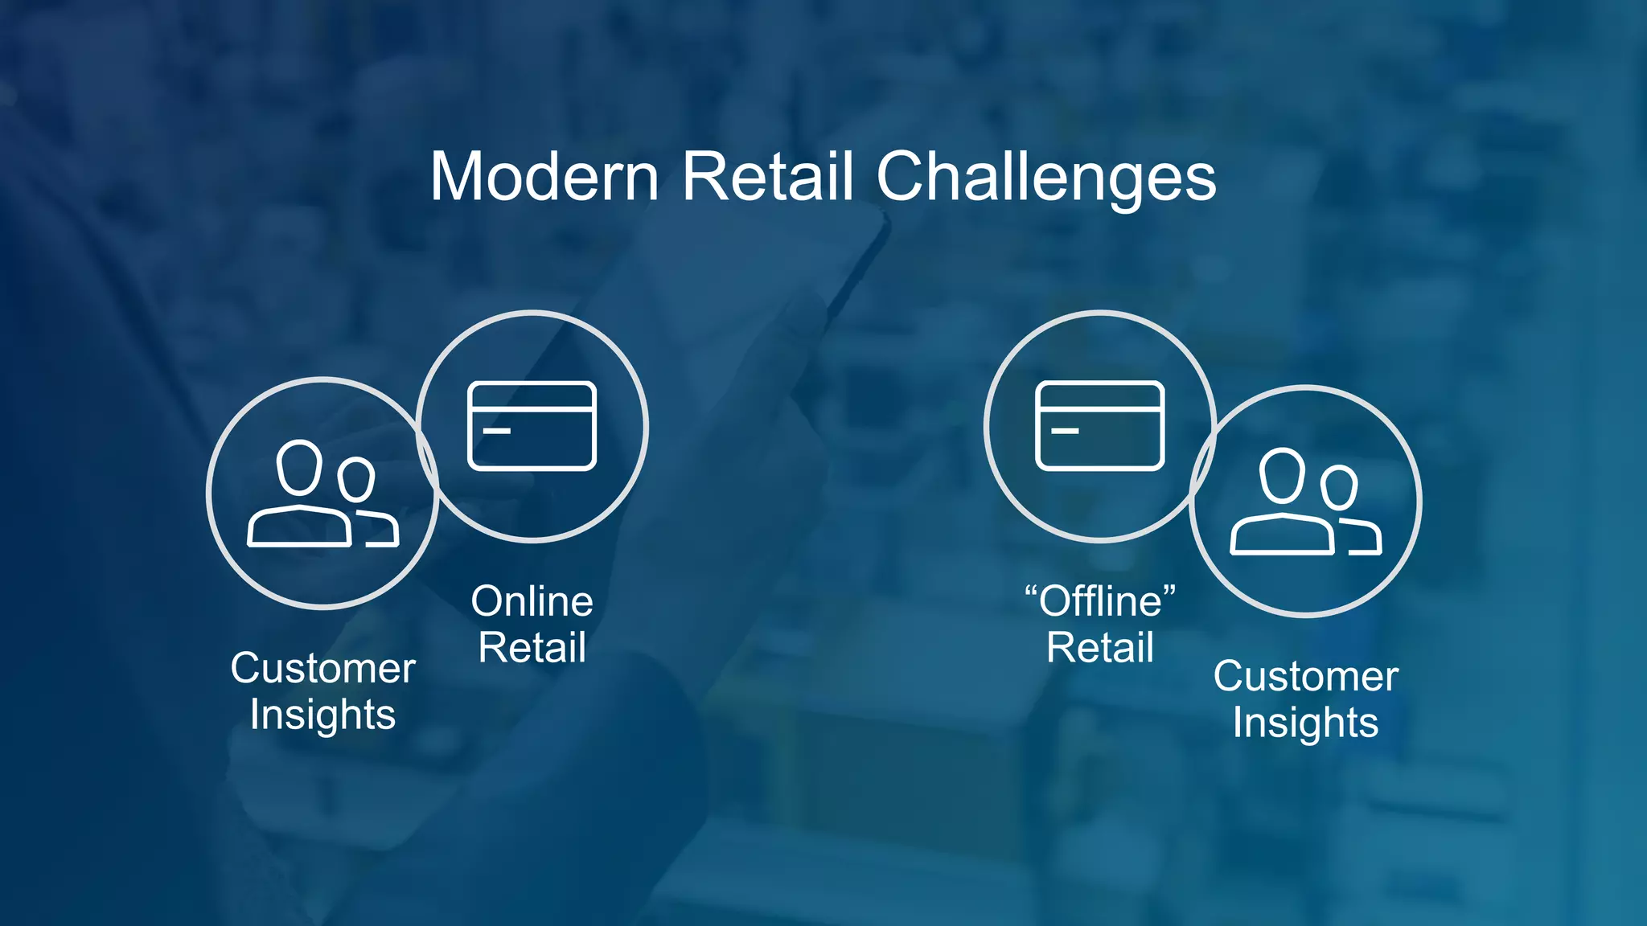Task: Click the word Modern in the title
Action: pos(544,177)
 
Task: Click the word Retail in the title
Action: pos(768,177)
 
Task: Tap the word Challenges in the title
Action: pos(1045,178)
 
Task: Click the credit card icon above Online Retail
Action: pos(532,425)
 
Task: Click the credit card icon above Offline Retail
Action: pos(1099,425)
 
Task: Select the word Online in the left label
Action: pos(532,601)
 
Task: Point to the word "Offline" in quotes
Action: pos(1100,601)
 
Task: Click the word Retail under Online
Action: pos(532,648)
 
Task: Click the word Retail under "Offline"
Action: pos(1100,648)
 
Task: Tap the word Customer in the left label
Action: pos(322,669)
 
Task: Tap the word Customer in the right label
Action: pos(1305,677)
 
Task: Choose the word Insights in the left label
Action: pos(322,715)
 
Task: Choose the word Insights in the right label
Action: pos(1305,723)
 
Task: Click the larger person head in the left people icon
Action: pos(299,466)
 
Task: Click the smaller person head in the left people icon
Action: pos(355,479)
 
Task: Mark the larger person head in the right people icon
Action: pos(1282,474)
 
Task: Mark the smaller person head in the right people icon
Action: pos(1339,487)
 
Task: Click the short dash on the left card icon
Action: pos(497,431)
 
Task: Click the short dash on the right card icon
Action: pos(1065,431)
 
